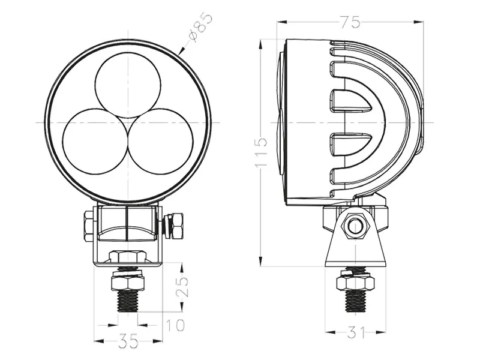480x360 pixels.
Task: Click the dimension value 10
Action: click(x=175, y=325)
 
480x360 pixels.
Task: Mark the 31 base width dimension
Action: click(x=356, y=331)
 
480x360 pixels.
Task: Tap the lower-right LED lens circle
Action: click(x=161, y=142)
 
